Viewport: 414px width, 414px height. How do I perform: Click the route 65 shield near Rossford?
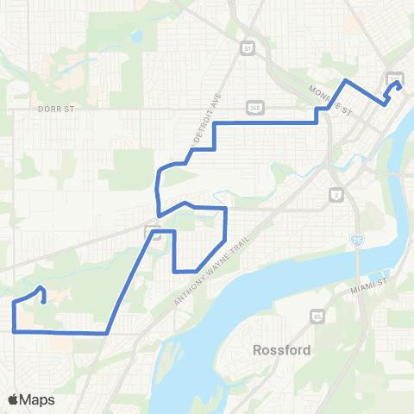(x=317, y=316)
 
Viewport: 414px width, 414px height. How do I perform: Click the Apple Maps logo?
(x=31, y=399)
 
